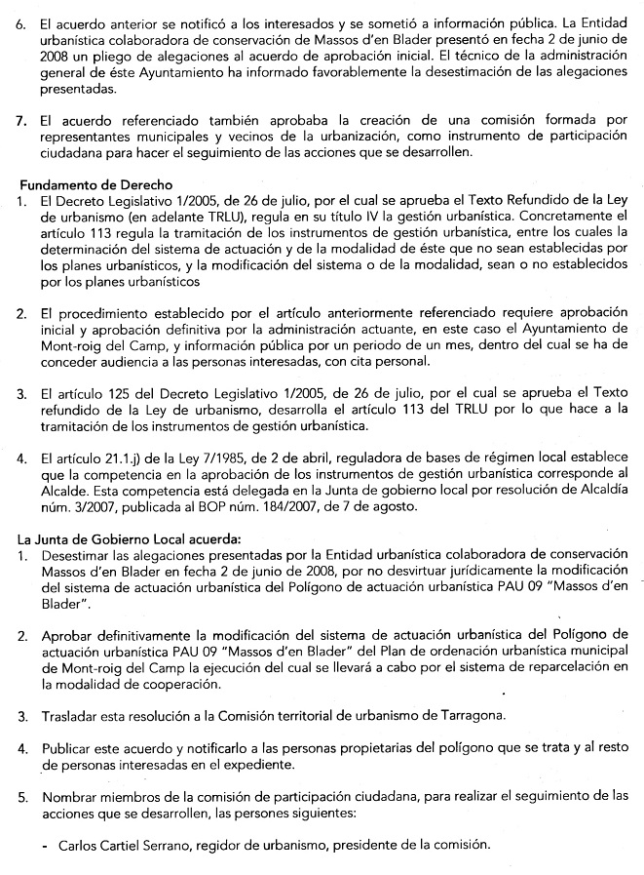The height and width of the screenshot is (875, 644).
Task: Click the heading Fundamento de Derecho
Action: [95, 184]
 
